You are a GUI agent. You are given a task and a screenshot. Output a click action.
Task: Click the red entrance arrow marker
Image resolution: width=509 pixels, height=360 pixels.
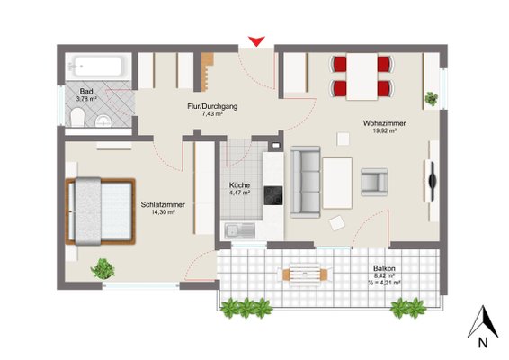click(x=257, y=41)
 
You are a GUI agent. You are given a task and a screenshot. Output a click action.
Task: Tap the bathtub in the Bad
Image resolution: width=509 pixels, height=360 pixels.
click(x=98, y=67)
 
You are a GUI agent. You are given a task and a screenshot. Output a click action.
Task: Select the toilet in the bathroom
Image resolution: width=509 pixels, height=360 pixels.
click(x=77, y=117)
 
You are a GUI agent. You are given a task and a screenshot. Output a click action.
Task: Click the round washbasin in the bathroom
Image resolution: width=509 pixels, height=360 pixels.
click(x=103, y=121)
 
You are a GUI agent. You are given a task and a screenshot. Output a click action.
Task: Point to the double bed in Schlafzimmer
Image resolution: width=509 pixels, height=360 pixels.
click(x=101, y=211)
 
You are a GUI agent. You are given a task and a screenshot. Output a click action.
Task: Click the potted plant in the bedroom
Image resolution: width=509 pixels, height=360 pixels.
click(x=103, y=269)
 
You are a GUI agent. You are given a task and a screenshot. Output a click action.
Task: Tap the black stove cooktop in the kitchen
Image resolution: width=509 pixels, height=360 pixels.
click(x=273, y=195)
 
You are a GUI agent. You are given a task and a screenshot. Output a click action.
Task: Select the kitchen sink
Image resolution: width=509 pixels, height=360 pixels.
click(x=239, y=230)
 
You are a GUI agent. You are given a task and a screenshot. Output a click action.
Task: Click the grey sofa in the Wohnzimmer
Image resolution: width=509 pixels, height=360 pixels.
click(x=305, y=182)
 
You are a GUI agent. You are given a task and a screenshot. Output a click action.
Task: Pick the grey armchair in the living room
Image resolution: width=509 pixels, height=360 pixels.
click(x=374, y=183)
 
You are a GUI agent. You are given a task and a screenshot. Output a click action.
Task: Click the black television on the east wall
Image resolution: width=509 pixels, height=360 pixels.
click(x=432, y=180)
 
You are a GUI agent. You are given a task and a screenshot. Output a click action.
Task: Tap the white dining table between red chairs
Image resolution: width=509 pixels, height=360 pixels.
click(x=362, y=76)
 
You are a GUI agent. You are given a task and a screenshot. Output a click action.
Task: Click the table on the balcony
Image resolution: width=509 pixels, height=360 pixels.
click(x=305, y=274)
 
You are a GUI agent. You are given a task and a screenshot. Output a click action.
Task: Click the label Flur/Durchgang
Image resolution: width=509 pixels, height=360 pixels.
click(x=212, y=106)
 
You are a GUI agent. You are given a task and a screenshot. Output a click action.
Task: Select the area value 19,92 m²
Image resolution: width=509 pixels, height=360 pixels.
click(x=384, y=130)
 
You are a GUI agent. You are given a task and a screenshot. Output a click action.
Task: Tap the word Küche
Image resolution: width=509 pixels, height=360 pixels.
click(x=239, y=185)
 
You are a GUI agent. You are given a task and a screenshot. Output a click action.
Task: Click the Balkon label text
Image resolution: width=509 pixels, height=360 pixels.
click(x=384, y=269)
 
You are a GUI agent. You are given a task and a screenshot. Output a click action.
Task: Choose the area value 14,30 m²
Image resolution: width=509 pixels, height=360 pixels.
click(x=163, y=212)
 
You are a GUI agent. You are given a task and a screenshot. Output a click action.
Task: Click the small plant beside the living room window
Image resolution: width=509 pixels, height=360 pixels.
click(x=431, y=99)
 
